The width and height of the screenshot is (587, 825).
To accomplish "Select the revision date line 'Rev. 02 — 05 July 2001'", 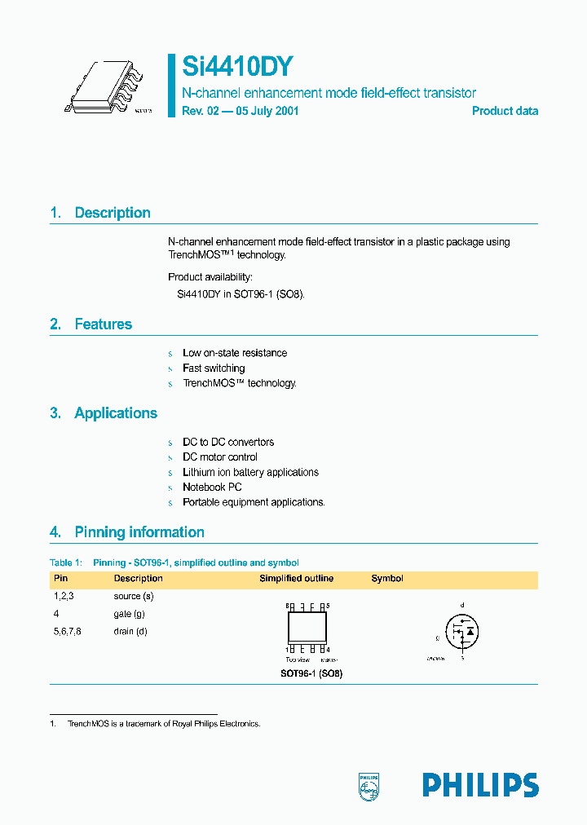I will [240, 111].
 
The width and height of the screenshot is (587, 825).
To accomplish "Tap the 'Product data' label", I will [505, 111].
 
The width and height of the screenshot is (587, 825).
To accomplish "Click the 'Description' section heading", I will [112, 213].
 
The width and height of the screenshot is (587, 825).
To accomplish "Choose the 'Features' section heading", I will [103, 324].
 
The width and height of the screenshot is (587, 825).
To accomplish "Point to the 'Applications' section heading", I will [115, 413].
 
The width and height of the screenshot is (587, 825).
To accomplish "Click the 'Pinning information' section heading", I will [139, 532].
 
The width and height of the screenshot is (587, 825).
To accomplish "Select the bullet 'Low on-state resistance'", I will [235, 353].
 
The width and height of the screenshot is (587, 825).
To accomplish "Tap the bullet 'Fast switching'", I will [214, 368].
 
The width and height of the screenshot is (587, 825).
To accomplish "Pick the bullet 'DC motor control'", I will [220, 457].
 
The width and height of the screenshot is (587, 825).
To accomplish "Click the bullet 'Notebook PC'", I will [212, 487].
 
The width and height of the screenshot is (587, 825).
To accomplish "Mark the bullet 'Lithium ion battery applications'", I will [250, 472].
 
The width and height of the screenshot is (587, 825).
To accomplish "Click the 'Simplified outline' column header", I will [296, 579].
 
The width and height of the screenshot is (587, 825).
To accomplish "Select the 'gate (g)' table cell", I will [130, 614].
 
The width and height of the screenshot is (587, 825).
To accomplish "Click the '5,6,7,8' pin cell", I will [68, 631].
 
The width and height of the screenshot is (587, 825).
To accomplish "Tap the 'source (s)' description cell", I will [134, 597].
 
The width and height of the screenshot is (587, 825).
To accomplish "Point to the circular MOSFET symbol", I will [462, 631].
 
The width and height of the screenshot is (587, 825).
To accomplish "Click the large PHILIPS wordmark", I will [480, 785].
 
